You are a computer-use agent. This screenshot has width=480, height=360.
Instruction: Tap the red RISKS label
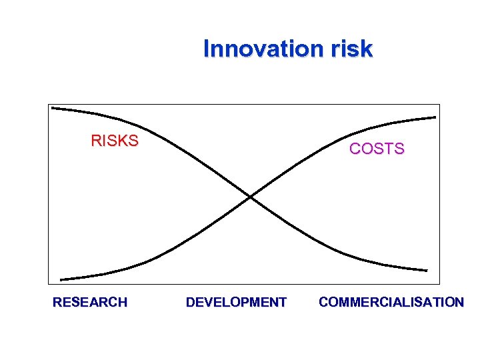115,141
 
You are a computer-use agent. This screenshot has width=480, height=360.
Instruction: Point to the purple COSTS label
377,149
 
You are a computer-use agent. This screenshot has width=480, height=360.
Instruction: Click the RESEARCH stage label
90,302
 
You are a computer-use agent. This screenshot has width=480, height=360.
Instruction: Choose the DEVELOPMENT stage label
236,302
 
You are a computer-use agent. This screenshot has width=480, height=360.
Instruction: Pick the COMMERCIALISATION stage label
391,302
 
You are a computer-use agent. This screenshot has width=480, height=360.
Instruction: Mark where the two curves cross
250,197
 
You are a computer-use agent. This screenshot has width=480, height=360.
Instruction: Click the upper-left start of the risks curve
53,107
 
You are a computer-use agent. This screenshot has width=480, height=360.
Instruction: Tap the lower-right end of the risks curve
426,271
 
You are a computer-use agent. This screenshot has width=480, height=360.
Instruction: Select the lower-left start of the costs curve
61,279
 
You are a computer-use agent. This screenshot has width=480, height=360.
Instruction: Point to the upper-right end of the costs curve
435,117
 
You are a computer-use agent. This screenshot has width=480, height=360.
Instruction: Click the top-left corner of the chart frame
49,104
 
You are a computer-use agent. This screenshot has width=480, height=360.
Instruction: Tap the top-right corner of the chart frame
441,104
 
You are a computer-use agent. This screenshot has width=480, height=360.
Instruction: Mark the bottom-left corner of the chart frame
49,285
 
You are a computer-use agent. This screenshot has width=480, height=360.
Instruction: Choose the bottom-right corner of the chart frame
441,285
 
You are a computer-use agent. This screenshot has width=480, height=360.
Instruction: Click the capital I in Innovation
207,49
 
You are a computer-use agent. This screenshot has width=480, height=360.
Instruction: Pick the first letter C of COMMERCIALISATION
324,302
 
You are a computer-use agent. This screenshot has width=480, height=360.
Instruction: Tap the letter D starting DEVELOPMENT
191,302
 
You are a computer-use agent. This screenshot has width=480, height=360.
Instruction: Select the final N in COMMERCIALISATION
459,302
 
